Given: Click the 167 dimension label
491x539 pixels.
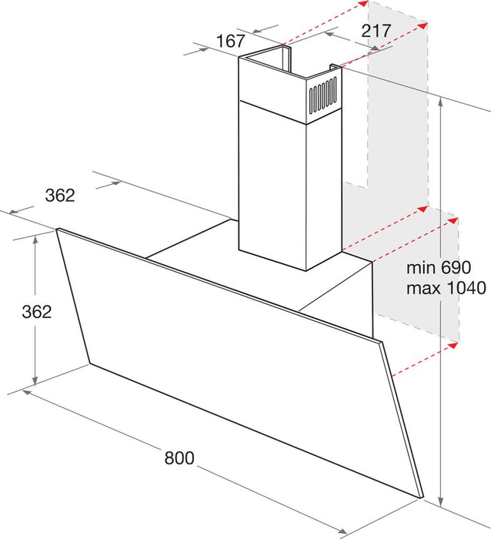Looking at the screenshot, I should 230,41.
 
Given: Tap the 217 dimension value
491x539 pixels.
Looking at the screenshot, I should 376,32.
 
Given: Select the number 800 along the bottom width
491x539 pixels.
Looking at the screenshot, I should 179,457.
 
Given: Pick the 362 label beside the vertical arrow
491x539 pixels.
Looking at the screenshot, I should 37,312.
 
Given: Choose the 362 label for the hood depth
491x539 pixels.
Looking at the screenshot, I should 59,196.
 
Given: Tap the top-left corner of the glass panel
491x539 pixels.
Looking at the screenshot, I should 58,229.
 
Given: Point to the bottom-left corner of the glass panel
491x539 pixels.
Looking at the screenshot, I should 89,363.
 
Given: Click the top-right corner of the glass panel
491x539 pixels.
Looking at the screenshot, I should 381,339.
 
